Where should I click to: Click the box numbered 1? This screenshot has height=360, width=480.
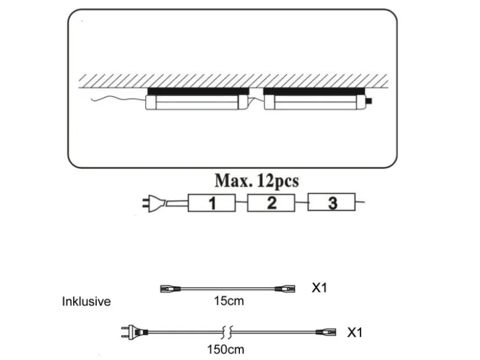(212, 202)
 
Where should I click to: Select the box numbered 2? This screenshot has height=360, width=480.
(271, 202)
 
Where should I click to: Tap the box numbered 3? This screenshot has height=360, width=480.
(332, 202)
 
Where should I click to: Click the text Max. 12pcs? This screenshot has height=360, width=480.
(257, 181)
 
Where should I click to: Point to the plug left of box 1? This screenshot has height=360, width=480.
(154, 204)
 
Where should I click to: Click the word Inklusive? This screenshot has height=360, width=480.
(86, 302)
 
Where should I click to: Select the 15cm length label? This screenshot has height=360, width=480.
(229, 301)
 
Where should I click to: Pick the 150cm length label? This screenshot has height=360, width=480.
(226, 350)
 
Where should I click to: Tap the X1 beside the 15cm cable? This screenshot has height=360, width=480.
(319, 288)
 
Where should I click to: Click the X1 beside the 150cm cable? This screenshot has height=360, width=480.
(355, 332)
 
